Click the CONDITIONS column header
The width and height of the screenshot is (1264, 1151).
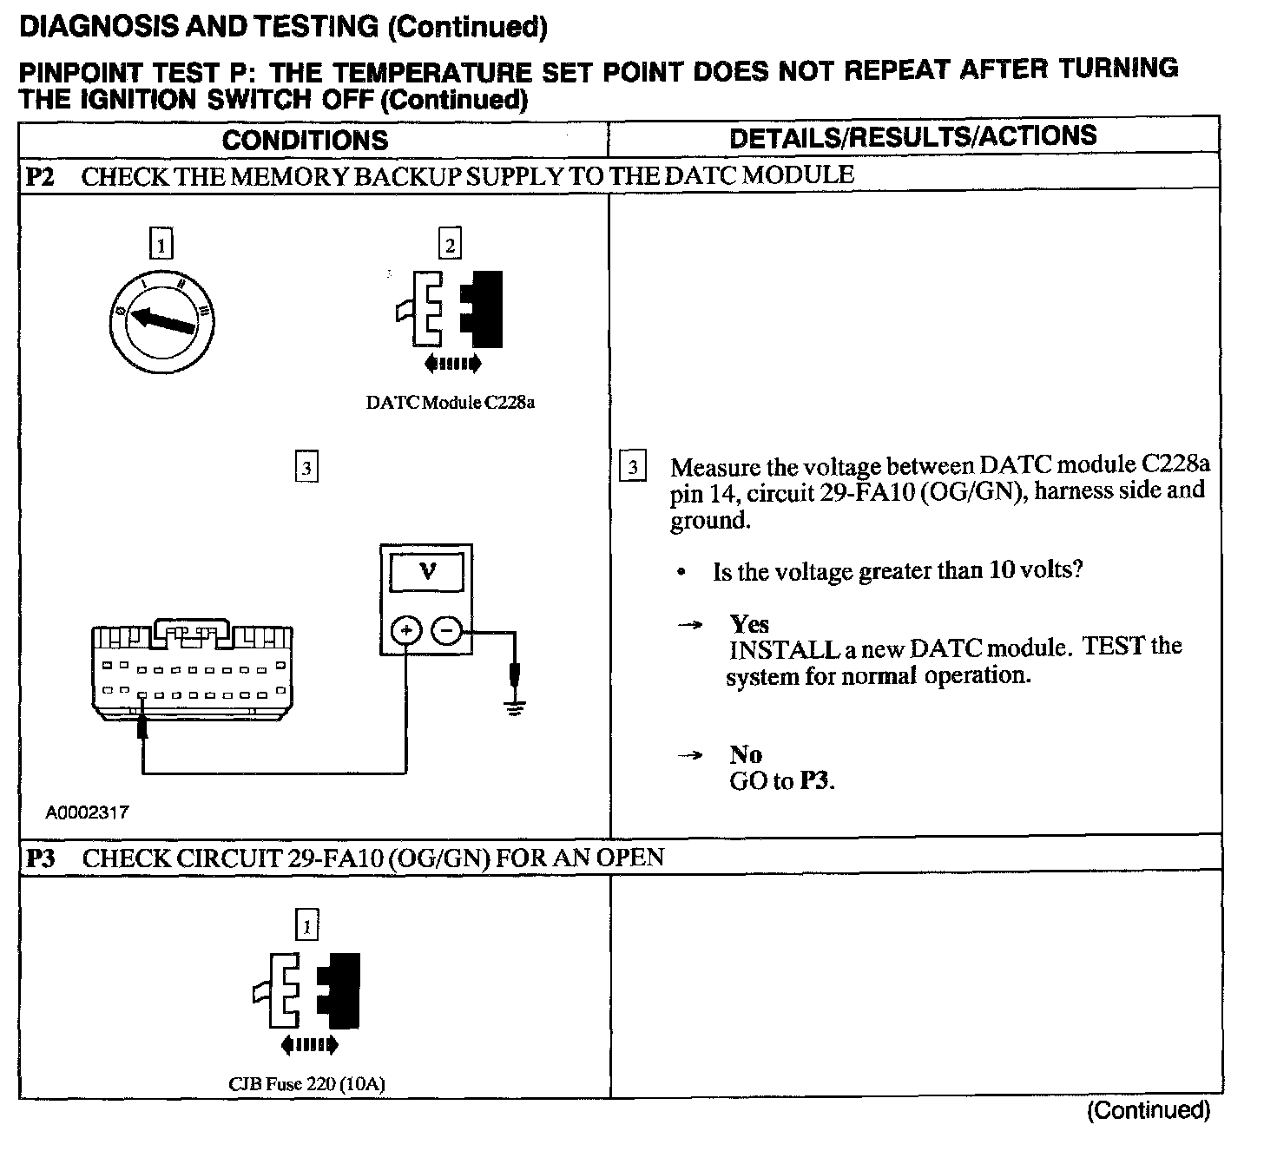coord(305,141)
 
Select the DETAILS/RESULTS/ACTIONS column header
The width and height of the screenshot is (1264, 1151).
coord(912,136)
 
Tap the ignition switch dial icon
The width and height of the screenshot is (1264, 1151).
coord(162,320)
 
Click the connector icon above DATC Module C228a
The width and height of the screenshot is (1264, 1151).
coord(450,311)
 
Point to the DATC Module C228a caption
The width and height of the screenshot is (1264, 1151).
coord(450,404)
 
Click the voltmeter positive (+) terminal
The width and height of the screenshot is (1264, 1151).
coord(406,631)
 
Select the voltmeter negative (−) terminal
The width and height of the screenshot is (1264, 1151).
coord(446,631)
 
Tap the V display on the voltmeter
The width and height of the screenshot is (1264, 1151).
coord(427,571)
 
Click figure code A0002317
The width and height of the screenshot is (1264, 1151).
coord(88,812)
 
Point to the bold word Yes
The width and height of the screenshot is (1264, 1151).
coord(749,624)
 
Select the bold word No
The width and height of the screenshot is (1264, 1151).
coord(746,754)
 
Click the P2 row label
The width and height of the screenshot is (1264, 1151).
coord(40,177)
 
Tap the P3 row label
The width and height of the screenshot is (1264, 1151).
coord(40,858)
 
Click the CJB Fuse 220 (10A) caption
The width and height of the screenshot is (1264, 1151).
coord(306,1084)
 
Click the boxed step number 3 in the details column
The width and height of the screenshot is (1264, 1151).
coord(633,468)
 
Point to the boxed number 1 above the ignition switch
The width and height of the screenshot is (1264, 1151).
coord(161,244)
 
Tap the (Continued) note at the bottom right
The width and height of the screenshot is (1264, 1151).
coord(1148,1110)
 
